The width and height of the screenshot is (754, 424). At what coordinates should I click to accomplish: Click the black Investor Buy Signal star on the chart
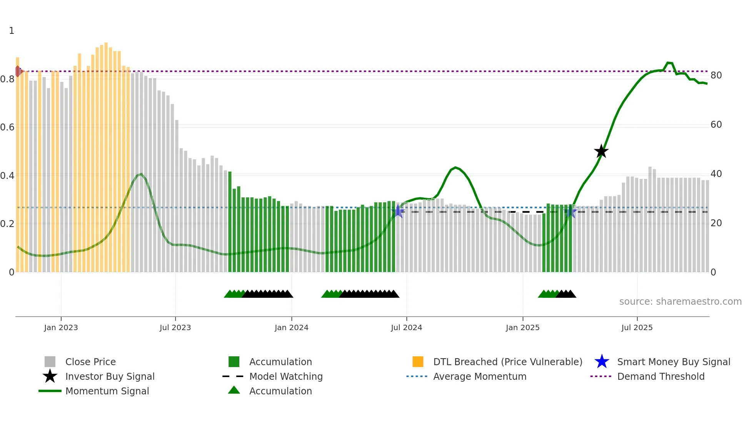click(601, 151)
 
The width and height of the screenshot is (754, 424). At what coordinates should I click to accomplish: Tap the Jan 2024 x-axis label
click(291, 327)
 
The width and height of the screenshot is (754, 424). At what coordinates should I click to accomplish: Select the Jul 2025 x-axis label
click(637, 327)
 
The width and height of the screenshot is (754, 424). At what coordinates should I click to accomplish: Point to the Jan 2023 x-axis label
click(61, 327)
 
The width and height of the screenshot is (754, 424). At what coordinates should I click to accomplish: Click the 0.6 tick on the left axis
click(8, 127)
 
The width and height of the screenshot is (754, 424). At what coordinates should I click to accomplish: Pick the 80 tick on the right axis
click(716, 75)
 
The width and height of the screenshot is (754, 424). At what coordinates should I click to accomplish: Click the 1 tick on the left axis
click(12, 31)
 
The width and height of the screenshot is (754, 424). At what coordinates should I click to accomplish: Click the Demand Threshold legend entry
click(661, 376)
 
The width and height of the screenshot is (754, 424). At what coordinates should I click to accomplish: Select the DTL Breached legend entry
click(507, 362)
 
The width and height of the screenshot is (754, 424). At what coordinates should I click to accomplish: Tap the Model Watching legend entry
click(285, 376)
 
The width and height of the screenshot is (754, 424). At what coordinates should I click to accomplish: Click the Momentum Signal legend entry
click(107, 391)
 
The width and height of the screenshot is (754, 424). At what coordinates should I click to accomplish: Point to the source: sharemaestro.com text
click(680, 302)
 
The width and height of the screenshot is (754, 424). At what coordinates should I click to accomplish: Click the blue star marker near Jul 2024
click(399, 211)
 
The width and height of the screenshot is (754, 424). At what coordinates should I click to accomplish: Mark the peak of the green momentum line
click(668, 63)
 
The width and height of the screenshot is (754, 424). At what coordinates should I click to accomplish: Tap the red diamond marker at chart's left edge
click(18, 71)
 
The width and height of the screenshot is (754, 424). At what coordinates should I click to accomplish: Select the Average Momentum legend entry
click(479, 376)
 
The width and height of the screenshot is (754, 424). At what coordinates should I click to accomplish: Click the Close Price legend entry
click(90, 362)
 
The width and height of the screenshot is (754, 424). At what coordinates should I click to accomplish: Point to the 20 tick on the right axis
click(716, 223)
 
